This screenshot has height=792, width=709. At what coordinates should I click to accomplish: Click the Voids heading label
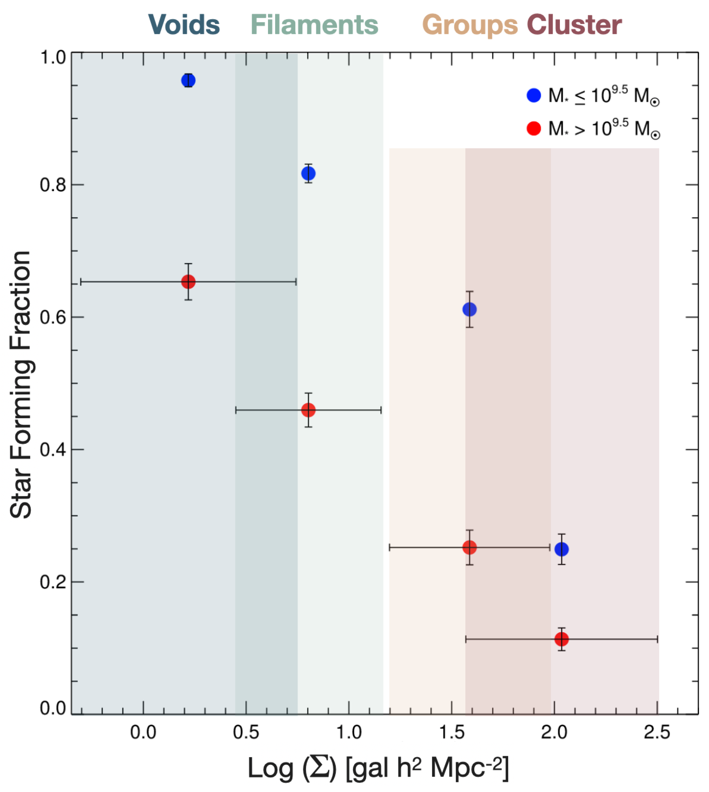coord(184,25)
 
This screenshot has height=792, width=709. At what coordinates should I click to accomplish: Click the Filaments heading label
coord(314,25)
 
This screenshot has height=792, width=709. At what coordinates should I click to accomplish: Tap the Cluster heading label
coord(574,25)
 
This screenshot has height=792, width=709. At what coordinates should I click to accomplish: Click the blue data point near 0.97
coord(188,81)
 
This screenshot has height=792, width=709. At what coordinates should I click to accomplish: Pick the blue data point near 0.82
coord(308,173)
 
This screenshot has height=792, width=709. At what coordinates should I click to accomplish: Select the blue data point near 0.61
coord(469,309)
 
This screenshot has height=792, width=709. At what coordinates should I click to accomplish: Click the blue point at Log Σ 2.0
coord(561,549)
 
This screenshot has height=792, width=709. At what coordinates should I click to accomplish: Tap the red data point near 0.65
coord(188,282)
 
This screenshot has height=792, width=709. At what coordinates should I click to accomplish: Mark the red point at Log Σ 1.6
coord(469,547)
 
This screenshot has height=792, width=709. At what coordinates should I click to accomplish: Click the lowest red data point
coord(561,639)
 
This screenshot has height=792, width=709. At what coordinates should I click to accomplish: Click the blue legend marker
coord(534,95)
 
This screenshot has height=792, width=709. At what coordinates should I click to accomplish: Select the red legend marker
coord(534,128)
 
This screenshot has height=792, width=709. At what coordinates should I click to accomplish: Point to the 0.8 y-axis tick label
coord(53,185)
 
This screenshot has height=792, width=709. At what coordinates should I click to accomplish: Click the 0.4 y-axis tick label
coord(53,450)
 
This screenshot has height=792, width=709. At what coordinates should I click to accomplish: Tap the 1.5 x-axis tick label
coord(452,733)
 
